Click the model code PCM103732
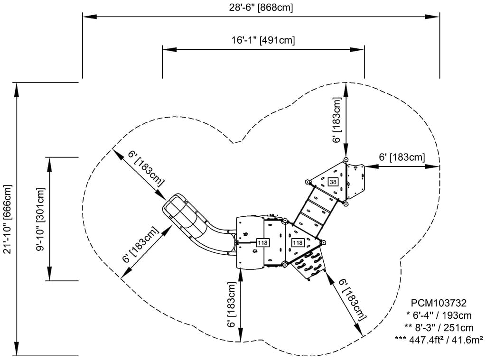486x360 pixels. click(x=439, y=303)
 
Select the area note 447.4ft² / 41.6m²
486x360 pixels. click(x=439, y=339)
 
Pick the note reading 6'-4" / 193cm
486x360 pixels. click(x=439, y=315)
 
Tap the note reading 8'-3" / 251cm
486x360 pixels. click(x=439, y=327)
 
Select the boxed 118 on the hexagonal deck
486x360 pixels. click(x=298, y=243)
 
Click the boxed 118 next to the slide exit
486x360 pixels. click(x=262, y=243)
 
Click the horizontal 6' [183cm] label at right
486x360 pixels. click(x=402, y=157)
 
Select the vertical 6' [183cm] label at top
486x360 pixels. click(x=336, y=120)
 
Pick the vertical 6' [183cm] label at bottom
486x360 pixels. click(x=232, y=305)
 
